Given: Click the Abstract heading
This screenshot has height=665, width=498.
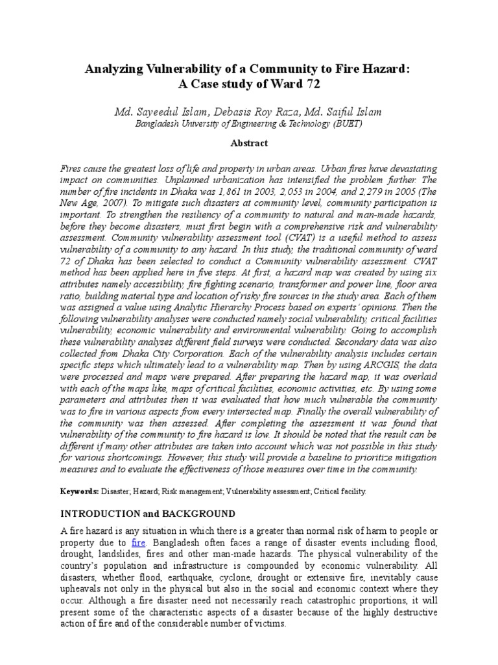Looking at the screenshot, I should click(x=249, y=143).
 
